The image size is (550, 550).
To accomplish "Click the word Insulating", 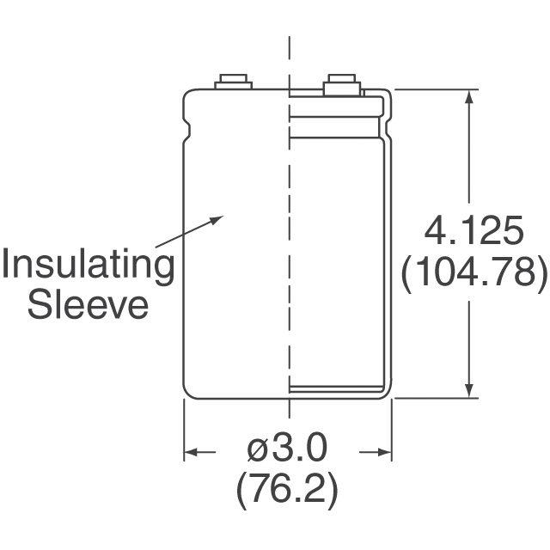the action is click(88, 266).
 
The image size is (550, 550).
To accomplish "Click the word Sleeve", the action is click(88, 306).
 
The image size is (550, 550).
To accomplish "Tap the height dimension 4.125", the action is click(474, 231).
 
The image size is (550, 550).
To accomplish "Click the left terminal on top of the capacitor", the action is click(233, 82).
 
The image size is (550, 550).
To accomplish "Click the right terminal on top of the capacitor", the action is click(342, 84).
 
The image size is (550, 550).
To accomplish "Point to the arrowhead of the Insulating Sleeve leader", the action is click(217, 220).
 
